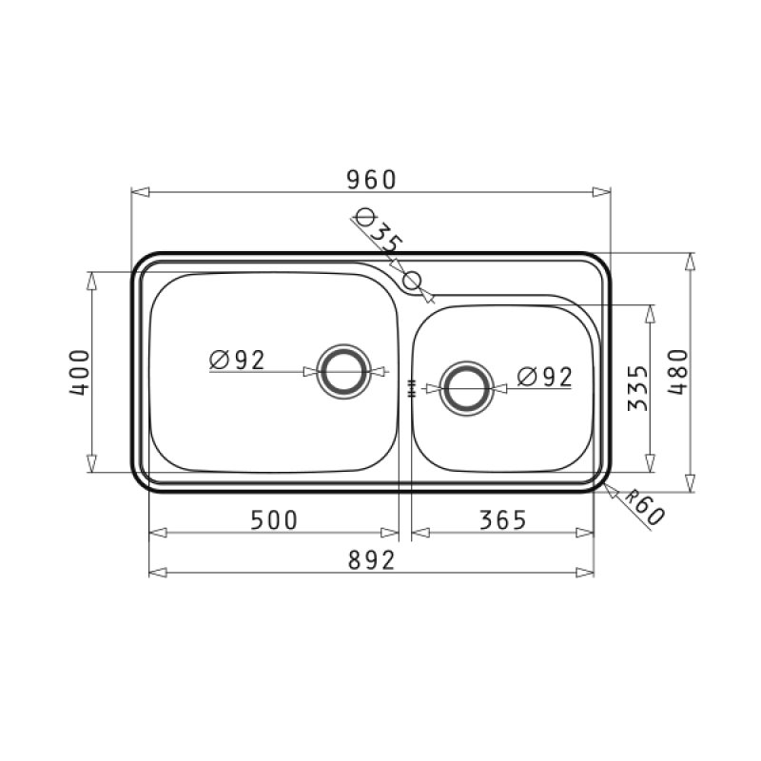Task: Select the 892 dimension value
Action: (369, 560)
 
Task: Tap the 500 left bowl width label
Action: (273, 519)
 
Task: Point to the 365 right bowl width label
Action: (501, 519)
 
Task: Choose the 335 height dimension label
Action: (638, 388)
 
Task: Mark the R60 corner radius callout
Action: (644, 510)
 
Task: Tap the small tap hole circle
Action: (412, 281)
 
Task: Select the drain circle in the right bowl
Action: (466, 387)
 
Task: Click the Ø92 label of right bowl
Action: (545, 377)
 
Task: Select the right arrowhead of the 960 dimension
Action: (601, 192)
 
